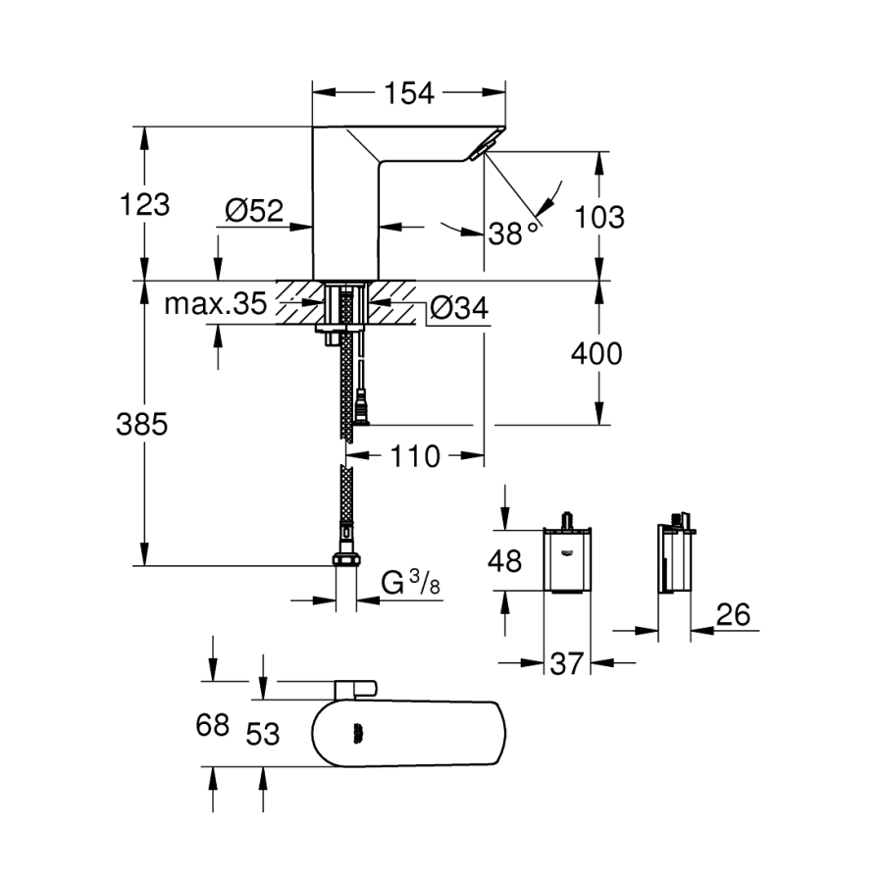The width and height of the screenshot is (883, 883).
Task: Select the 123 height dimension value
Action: coord(144,205)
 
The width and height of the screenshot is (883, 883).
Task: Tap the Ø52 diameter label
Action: coord(253,210)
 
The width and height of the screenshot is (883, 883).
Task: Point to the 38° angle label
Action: coord(514,233)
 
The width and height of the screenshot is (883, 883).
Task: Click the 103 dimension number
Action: coord(597,217)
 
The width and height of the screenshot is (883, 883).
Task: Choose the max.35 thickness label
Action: coord(215,304)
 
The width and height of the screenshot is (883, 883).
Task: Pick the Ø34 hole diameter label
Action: coord(458,308)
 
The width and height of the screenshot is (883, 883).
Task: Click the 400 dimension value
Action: coord(597,353)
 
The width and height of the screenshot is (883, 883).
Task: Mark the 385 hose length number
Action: coord(142,424)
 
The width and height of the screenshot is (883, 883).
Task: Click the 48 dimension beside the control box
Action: coord(506,561)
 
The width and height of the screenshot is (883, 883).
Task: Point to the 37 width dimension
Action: coord(566,664)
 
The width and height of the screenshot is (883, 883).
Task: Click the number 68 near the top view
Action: coord(211,727)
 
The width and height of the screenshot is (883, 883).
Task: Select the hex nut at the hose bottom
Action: coord(346,560)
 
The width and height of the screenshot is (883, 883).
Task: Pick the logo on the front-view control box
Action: coord(567,552)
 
